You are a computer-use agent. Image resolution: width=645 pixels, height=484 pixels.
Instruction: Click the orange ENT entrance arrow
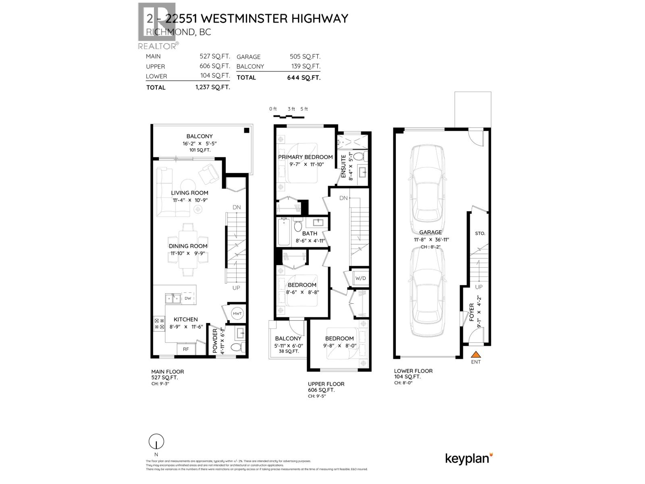click(476, 355)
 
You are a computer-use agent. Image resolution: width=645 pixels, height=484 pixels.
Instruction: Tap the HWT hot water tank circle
click(237, 313)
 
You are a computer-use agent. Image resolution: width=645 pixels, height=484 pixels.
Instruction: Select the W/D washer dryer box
click(360, 278)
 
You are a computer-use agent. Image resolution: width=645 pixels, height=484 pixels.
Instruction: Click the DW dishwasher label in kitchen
click(188, 298)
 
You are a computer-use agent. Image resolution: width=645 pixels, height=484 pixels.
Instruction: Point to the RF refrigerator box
click(186, 349)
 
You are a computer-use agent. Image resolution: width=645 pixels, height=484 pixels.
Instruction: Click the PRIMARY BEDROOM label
click(306, 157)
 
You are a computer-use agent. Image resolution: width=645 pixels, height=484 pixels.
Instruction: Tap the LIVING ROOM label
click(189, 193)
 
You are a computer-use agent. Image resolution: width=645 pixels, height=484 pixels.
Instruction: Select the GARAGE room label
click(430, 232)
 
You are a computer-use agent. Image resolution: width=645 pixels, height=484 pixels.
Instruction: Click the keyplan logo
click(469, 459)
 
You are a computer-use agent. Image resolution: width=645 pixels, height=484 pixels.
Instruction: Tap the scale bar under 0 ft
click(288, 117)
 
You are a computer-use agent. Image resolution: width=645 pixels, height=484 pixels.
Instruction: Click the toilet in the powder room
click(236, 347)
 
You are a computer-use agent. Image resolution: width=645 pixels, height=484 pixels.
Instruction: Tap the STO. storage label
click(480, 234)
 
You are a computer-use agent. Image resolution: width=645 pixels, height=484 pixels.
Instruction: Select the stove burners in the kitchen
click(159, 323)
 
